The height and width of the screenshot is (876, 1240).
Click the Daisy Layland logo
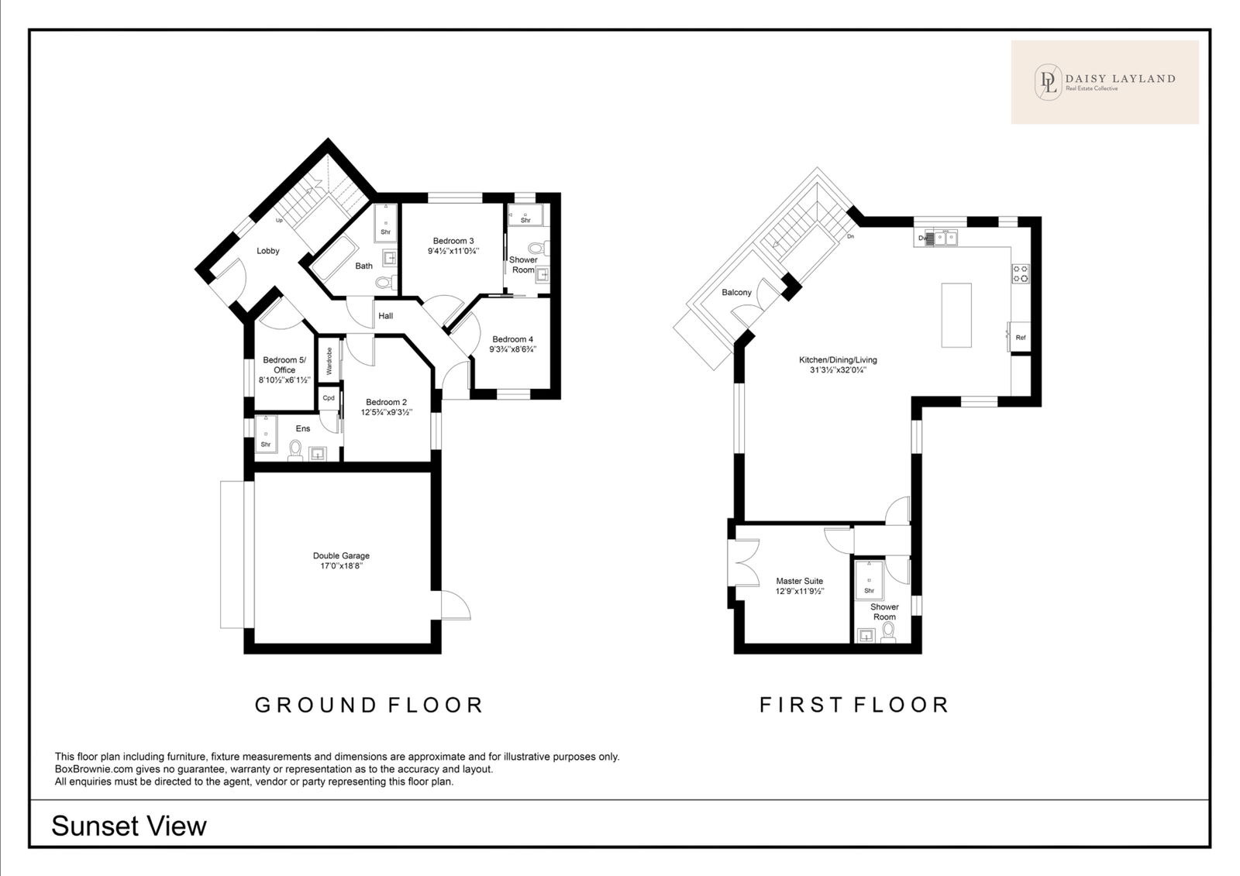pyautogui.click(x=1105, y=82)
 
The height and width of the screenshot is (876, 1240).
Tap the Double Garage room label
pyautogui.click(x=341, y=555)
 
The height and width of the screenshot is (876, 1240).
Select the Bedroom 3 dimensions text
pyautogui.click(x=453, y=251)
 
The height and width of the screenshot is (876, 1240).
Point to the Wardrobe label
pyautogui.click(x=329, y=361)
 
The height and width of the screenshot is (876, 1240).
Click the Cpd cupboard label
pyautogui.click(x=329, y=398)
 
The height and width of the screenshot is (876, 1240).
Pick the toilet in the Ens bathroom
pyautogui.click(x=295, y=451)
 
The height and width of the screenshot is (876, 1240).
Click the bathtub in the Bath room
pyautogui.click(x=334, y=258)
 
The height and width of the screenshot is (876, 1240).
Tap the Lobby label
pyautogui.click(x=268, y=251)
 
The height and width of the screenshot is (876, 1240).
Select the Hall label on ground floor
pyautogui.click(x=386, y=316)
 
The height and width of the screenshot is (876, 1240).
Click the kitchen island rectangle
pyautogui.click(x=956, y=315)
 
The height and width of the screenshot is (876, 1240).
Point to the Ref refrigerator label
pyautogui.click(x=1021, y=338)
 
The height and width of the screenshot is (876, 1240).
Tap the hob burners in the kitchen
pyautogui.click(x=1021, y=273)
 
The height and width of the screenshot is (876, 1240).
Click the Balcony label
pyautogui.click(x=737, y=292)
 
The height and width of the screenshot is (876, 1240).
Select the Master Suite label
pyautogui.click(x=799, y=581)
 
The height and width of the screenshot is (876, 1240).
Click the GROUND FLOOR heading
pyautogui.click(x=369, y=705)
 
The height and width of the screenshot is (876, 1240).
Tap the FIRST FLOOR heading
pyautogui.click(x=854, y=705)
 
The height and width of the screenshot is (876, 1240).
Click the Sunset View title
pyautogui.click(x=129, y=826)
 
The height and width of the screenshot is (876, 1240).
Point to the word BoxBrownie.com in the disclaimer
pyautogui.click(x=92, y=769)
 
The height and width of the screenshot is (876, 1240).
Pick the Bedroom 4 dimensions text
pyautogui.click(x=512, y=349)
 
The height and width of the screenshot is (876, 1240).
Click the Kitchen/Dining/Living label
pyautogui.click(x=838, y=359)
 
